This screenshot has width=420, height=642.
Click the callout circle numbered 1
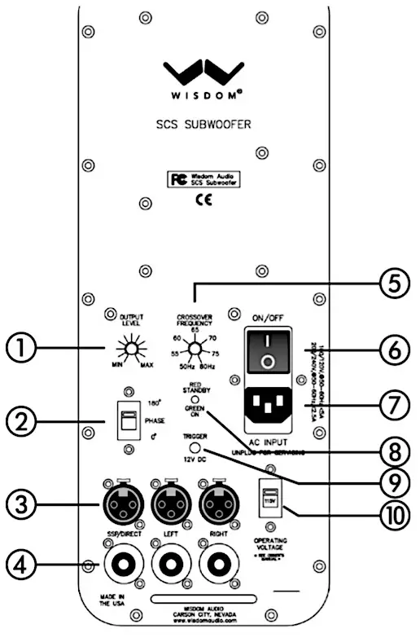(x=20, y=351)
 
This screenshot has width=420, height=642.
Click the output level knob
(x=127, y=351)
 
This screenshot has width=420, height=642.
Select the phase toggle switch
(x=127, y=420)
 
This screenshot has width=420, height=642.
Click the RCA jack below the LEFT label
(x=171, y=562)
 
